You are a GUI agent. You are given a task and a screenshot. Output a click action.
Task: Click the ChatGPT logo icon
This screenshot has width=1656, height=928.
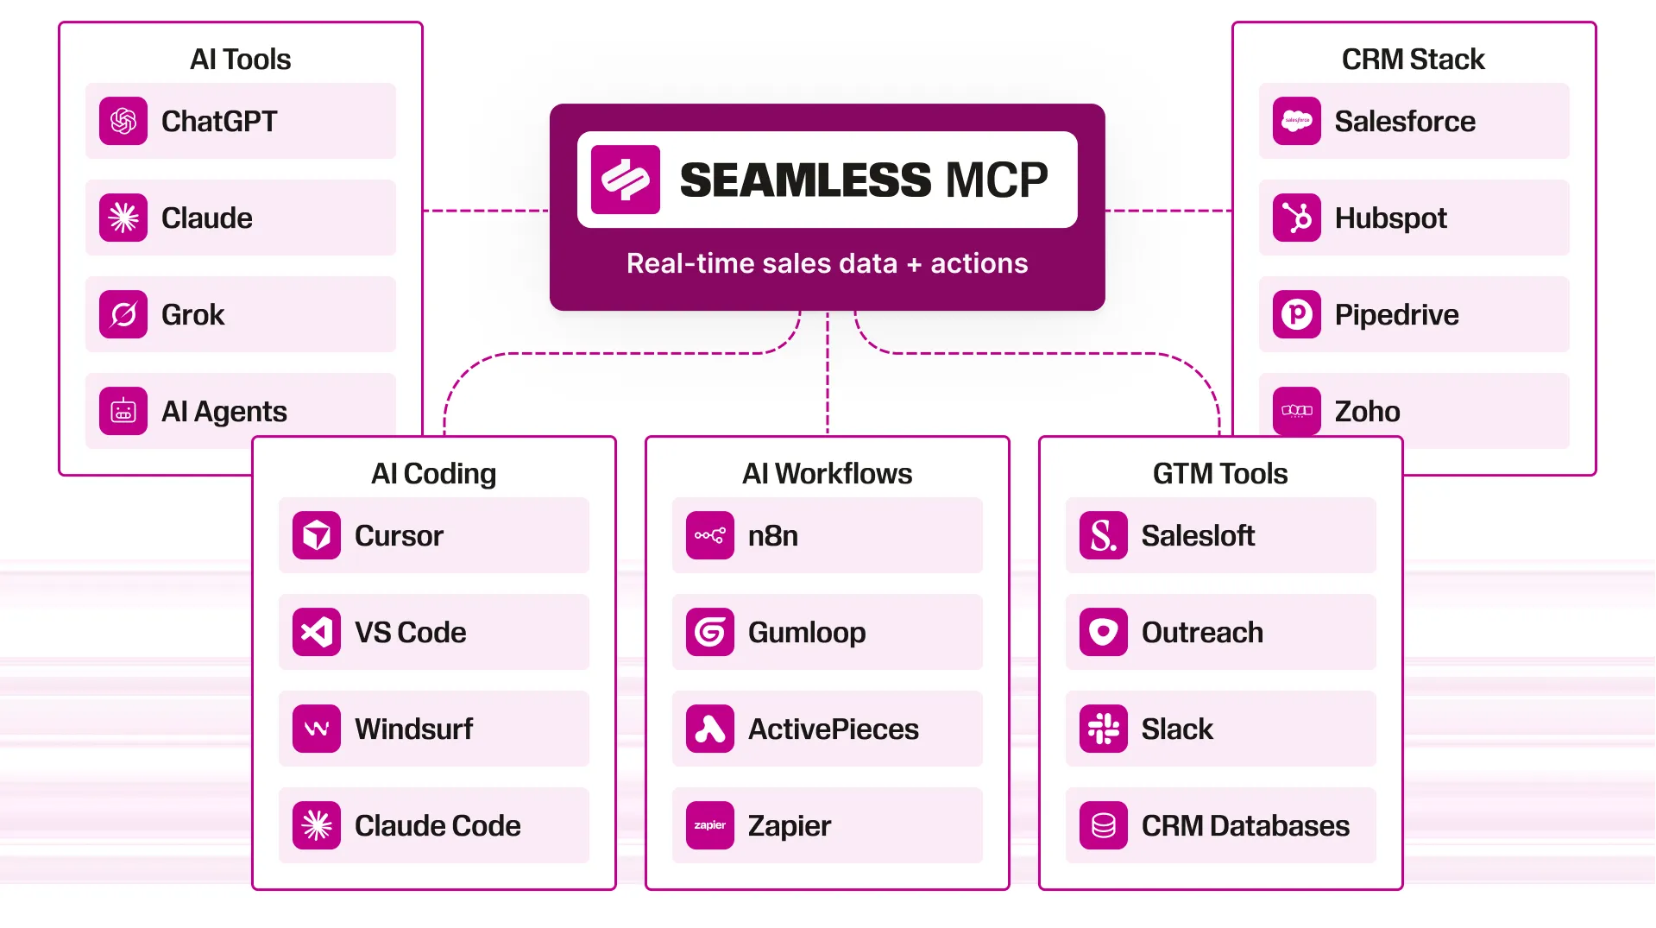[x=123, y=121]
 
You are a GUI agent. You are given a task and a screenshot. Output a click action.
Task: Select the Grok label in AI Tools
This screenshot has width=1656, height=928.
[x=192, y=315]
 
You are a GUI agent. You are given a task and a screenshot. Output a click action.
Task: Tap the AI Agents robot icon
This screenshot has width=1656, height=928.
[x=123, y=411]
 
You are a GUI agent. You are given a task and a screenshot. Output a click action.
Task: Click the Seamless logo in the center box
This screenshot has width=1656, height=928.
[x=626, y=180]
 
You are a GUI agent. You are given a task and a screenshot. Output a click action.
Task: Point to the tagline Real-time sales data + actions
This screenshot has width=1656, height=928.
[x=827, y=263]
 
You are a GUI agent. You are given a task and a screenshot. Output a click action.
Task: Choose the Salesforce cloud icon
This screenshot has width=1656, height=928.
[x=1296, y=121]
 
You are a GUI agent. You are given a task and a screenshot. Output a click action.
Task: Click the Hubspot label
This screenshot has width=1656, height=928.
[x=1390, y=218]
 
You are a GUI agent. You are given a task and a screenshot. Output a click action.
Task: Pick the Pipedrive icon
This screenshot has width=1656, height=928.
[x=1296, y=314]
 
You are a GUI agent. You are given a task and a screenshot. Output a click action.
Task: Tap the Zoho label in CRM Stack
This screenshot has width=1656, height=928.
[x=1367, y=412]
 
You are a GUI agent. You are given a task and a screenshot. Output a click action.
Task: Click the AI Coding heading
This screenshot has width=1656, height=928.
[x=433, y=474]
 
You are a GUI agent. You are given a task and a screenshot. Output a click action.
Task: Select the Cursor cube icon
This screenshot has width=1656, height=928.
[x=317, y=535]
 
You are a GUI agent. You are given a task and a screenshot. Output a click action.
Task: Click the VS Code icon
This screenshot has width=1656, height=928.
[x=317, y=632]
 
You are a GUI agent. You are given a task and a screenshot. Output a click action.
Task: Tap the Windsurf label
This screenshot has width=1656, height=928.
[x=413, y=729]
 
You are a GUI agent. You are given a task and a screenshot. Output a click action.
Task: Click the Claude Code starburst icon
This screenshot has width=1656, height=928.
[x=317, y=825]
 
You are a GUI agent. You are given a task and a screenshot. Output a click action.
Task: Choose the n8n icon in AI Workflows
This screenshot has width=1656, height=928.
[x=709, y=535]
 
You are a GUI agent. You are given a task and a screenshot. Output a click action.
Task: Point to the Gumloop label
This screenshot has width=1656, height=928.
[x=806, y=633]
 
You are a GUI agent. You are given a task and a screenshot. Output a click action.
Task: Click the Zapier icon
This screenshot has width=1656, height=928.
[x=709, y=825]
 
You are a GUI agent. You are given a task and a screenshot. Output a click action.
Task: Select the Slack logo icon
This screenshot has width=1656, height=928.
[x=1103, y=729]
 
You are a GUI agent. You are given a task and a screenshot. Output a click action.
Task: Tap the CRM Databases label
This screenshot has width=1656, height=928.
[x=1244, y=826]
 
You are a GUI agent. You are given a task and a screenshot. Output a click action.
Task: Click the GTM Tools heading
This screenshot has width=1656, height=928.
[x=1219, y=474]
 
